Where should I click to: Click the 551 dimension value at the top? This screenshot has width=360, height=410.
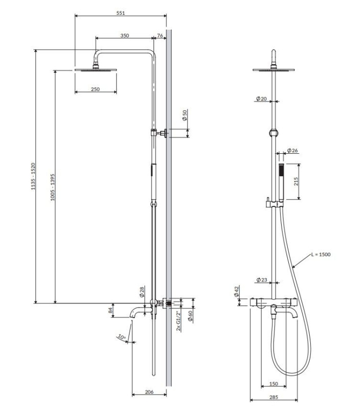[120, 13]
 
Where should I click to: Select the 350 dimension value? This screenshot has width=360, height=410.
[124, 35]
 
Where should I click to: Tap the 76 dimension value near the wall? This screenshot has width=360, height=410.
[160, 35]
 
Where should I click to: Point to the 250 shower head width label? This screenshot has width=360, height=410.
[95, 89]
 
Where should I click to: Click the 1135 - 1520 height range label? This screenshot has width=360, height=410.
[33, 176]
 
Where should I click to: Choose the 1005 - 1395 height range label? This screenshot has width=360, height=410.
[53, 187]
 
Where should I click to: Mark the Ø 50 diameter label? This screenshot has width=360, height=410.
[185, 115]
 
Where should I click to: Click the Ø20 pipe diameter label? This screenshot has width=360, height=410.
[261, 98]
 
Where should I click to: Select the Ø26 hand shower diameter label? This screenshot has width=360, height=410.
[292, 150]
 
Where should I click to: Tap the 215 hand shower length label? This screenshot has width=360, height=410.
[296, 181]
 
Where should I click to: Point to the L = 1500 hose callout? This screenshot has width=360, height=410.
[321, 254]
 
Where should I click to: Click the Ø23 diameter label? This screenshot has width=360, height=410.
[262, 280]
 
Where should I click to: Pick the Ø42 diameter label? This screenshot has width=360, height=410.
[237, 291]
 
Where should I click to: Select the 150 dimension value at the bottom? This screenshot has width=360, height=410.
[273, 384]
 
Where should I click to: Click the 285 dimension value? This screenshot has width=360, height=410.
[273, 398]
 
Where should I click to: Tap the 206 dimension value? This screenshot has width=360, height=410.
[149, 392]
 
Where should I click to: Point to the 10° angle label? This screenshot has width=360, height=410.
[122, 337]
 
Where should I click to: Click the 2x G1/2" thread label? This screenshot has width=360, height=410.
[179, 321]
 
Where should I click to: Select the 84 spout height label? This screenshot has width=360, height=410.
[110, 311]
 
